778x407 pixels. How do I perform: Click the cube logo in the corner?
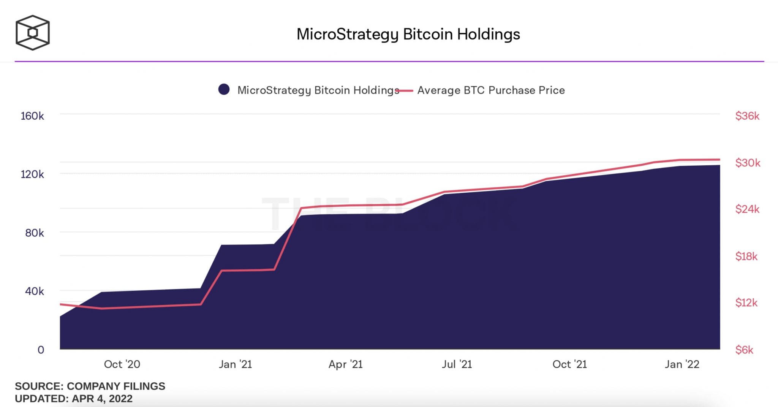tap(33, 33)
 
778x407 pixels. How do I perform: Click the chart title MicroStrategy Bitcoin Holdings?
tap(408, 34)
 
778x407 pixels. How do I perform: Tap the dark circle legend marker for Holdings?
tap(224, 90)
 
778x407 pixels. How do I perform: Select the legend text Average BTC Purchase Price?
tap(491, 90)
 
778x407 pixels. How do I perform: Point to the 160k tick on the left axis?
tap(32, 116)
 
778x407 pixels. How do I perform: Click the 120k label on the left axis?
tap(32, 174)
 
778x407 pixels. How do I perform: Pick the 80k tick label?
tap(35, 233)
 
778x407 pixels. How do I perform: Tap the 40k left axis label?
tap(35, 291)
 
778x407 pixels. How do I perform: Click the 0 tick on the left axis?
tap(41, 350)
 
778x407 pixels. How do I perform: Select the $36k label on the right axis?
tap(747, 116)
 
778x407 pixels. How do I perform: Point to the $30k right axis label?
tap(748, 163)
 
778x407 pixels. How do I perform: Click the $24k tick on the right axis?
tap(747, 209)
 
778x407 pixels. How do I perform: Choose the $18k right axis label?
tap(746, 257)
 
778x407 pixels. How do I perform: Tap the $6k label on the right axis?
tap(744, 350)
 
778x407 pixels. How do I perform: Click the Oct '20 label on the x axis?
tap(122, 364)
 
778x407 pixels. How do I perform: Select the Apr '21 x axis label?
tap(345, 364)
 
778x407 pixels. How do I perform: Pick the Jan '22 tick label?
tap(682, 364)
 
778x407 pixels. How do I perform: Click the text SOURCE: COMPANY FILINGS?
tap(90, 386)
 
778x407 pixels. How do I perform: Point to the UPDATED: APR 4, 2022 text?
tap(74, 399)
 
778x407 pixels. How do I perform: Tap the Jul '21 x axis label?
tap(457, 364)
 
